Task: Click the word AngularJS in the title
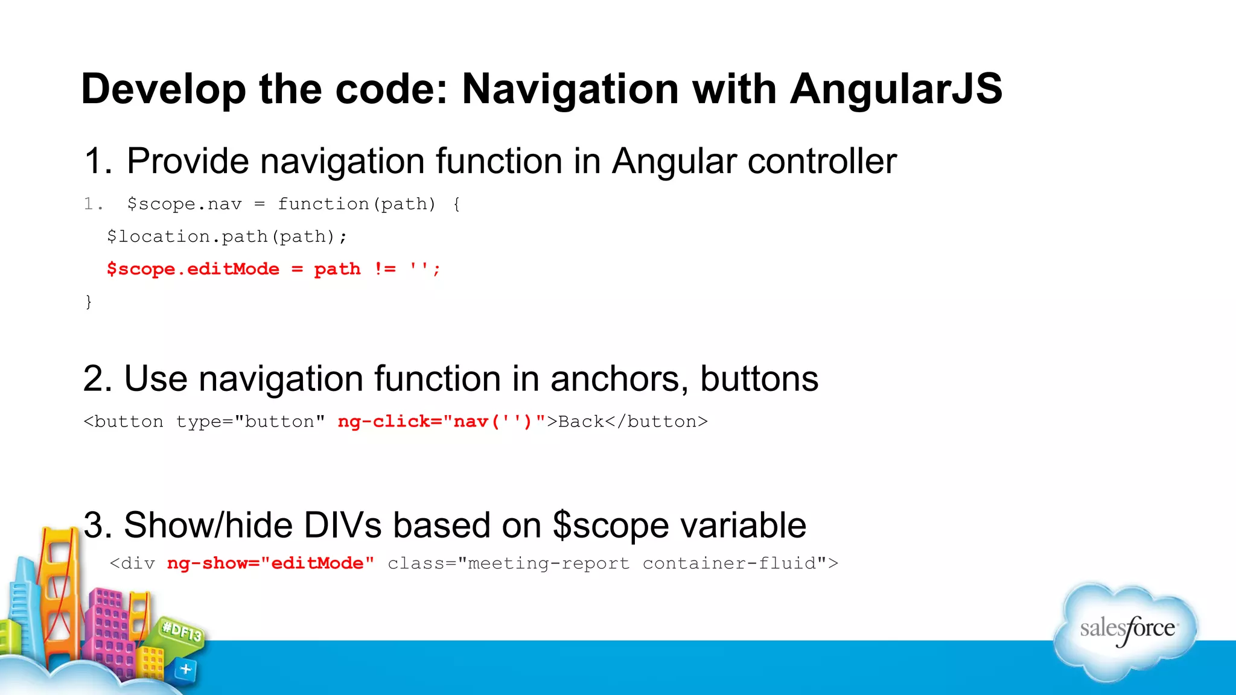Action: (x=896, y=89)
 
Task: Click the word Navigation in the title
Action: (x=570, y=89)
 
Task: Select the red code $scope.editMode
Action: (x=193, y=269)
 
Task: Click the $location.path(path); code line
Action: (x=227, y=236)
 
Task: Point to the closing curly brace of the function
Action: (x=89, y=301)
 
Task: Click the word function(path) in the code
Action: (x=356, y=204)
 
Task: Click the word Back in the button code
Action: (x=581, y=421)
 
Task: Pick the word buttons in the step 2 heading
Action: (x=759, y=379)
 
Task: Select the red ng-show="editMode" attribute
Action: (x=270, y=563)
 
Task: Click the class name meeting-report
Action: (x=548, y=563)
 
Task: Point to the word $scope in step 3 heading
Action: (x=610, y=525)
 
